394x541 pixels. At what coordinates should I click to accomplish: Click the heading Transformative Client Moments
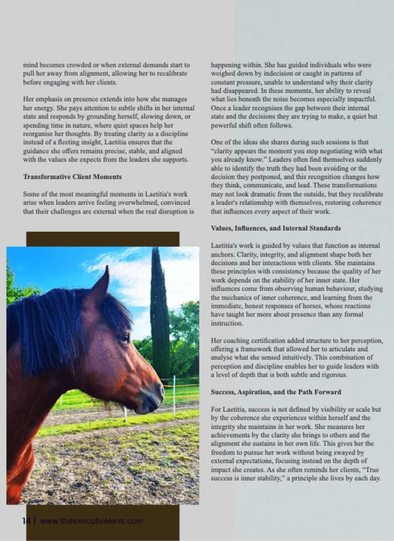pos(72,177)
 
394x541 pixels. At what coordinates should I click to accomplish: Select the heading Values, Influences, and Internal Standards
pos(276,228)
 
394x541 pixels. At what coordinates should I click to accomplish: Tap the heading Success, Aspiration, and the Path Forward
pos(276,392)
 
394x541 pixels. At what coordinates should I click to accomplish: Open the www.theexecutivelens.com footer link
pos(91,521)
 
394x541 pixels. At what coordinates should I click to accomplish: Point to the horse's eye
pos(125,337)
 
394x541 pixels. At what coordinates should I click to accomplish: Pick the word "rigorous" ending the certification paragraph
pos(335,375)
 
